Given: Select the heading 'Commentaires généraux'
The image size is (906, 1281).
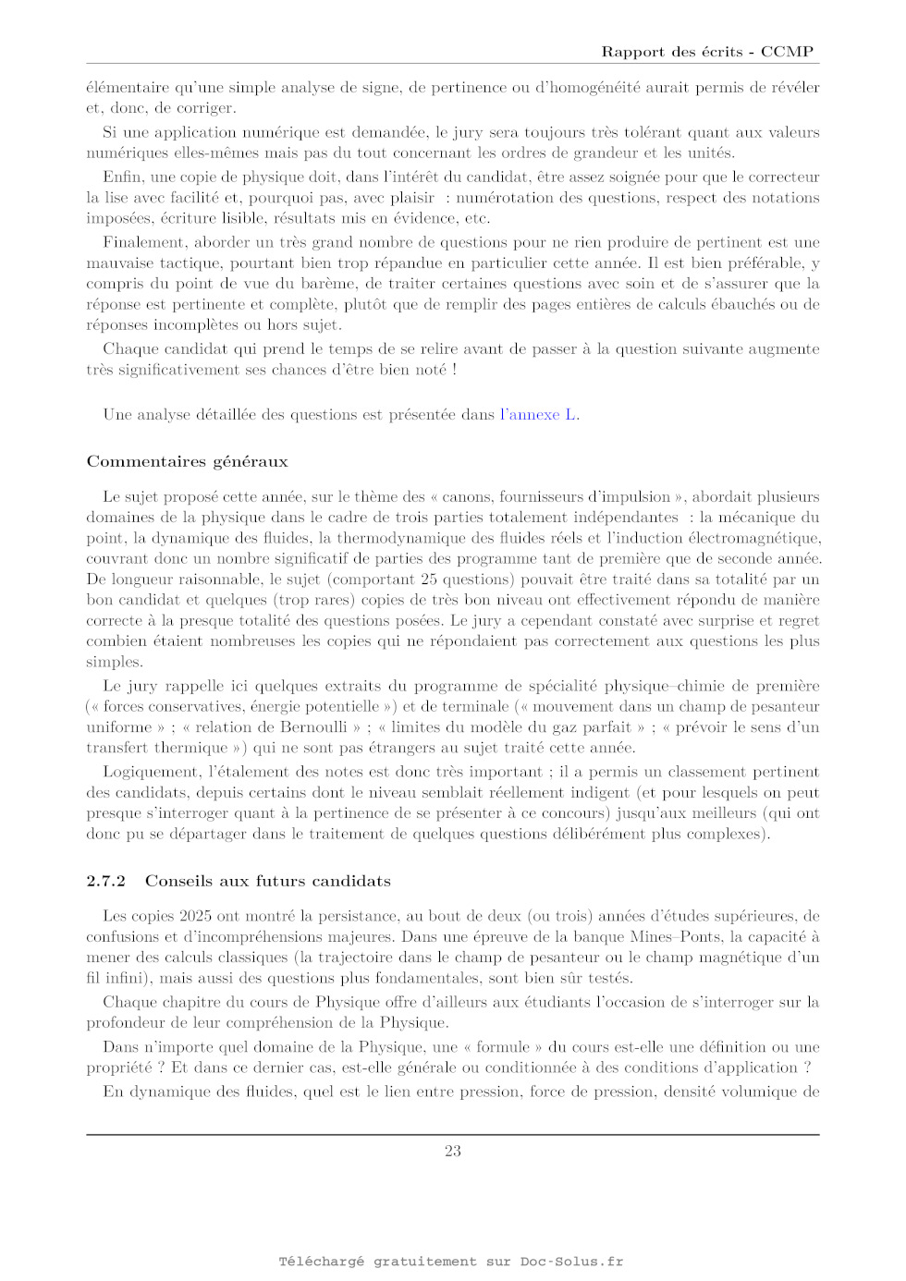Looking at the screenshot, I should coord(187,461).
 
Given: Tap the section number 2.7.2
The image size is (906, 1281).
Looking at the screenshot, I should coord(105,881).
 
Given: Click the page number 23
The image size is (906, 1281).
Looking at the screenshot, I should coord(452,1151).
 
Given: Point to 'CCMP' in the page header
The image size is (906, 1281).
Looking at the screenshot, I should coord(787,52).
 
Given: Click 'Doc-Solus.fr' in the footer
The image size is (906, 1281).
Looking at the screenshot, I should coord(571,1262).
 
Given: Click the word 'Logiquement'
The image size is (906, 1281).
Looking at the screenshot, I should coord(151,772).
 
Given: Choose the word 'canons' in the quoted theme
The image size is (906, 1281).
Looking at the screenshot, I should coord(466,496).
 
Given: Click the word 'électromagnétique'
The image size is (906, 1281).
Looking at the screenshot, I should coord(746,538).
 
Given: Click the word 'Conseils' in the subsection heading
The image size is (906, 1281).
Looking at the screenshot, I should coord(180,881).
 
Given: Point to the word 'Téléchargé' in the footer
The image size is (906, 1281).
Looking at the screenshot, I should coord(321,1262).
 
